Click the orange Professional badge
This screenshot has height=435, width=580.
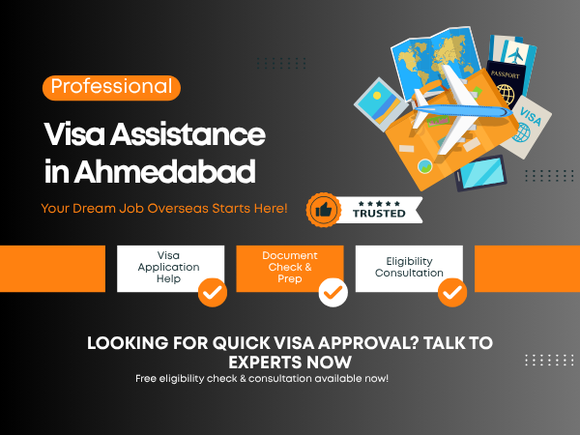coord(112,87)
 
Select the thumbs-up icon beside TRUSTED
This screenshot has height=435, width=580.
coord(324,209)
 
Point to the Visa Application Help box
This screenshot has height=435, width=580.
coord(170,267)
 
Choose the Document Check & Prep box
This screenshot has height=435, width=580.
coord(290,267)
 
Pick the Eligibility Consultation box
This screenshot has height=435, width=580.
coord(409,267)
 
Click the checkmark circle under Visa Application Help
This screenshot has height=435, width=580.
coord(213,291)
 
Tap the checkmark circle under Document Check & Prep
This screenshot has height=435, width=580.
coord(333,291)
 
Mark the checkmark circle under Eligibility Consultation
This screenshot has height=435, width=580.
coord(451,291)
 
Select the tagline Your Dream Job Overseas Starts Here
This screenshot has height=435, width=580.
coord(164,208)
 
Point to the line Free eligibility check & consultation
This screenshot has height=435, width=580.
coord(262,378)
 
